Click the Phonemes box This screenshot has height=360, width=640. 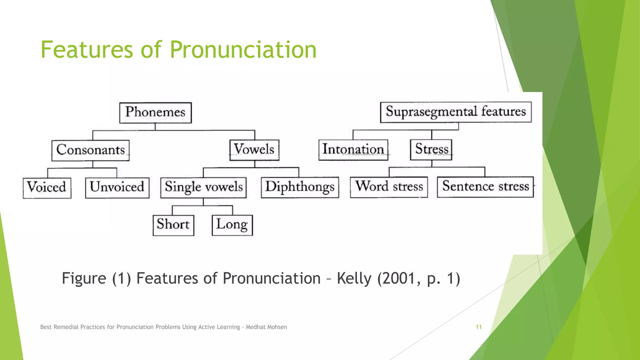(x=155, y=112)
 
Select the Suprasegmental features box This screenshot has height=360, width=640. (x=456, y=112)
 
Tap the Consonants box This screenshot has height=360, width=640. (x=90, y=150)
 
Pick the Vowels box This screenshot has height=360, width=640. (x=254, y=150)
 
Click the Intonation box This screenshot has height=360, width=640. (x=353, y=150)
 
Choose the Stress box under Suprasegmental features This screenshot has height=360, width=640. (x=431, y=149)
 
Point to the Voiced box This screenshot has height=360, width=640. (x=47, y=188)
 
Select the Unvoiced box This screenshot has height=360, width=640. (x=117, y=187)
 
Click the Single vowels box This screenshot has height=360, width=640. (x=203, y=187)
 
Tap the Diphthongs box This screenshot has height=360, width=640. (x=300, y=187)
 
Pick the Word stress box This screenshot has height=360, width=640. (x=389, y=187)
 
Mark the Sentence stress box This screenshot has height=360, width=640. (x=485, y=187)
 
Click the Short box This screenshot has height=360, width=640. (x=173, y=225)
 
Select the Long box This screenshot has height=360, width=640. (x=232, y=225)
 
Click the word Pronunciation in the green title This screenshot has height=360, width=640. (x=243, y=50)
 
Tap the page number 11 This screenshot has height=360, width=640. (x=478, y=327)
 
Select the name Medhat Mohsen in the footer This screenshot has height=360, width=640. (x=266, y=327)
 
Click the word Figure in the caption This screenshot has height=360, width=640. (x=84, y=278)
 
